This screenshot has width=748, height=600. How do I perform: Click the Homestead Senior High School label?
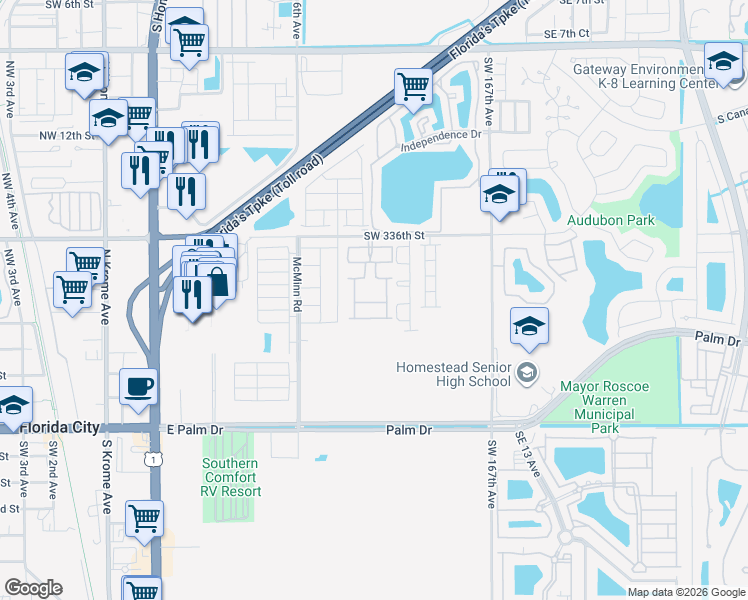[x=453, y=374]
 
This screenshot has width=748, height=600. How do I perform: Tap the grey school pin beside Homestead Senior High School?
[x=527, y=374]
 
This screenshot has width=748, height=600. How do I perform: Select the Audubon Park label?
[x=609, y=219]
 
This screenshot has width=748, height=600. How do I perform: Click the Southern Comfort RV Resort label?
[x=231, y=477]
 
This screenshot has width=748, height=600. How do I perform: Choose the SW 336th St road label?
[x=395, y=236]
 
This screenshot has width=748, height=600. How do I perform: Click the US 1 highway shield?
[x=153, y=457]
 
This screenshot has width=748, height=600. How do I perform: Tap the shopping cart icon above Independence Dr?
[x=412, y=85]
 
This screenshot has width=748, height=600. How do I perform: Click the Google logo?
[x=33, y=588]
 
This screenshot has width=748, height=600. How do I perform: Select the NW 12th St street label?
[x=62, y=135]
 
